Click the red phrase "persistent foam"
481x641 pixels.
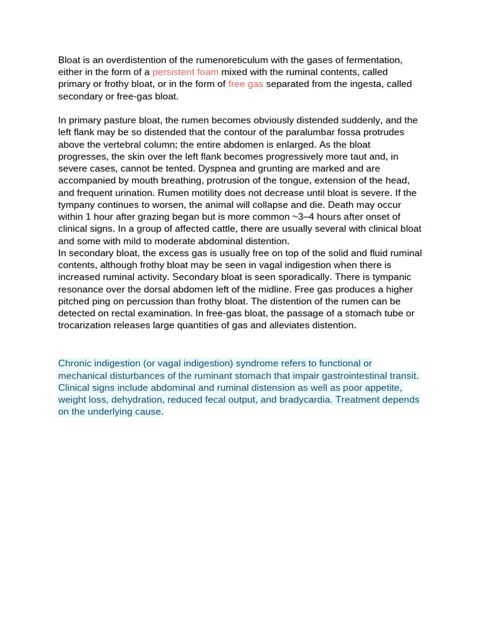(x=185, y=72)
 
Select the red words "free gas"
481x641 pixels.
(x=246, y=84)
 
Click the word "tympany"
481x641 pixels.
(x=78, y=205)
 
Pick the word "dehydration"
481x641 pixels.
(x=139, y=399)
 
